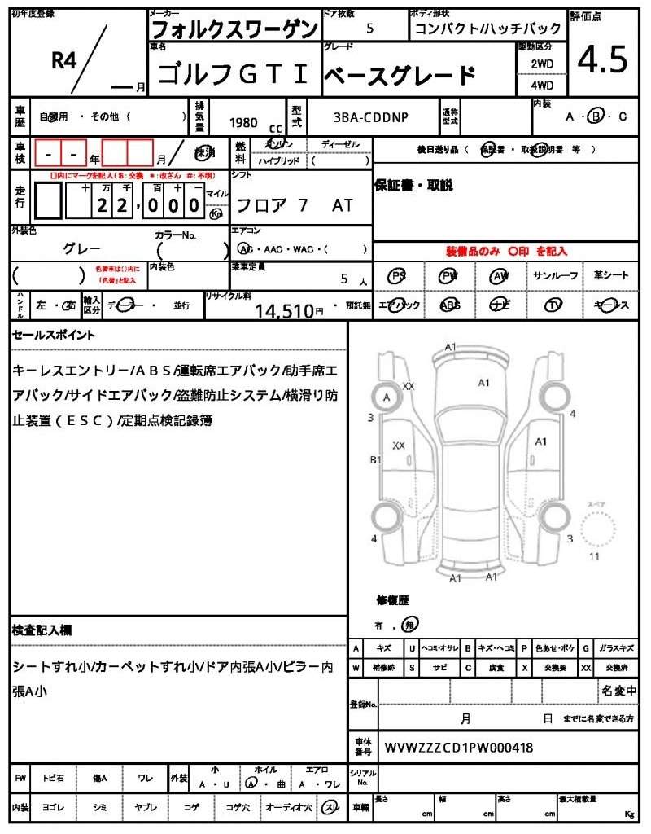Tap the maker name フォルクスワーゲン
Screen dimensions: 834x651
pyautogui.click(x=234, y=29)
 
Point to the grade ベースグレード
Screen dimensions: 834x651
pyautogui.click(x=399, y=76)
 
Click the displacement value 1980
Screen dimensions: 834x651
pyautogui.click(x=243, y=122)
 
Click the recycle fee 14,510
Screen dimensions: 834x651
pyautogui.click(x=284, y=310)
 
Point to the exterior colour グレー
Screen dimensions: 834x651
pyautogui.click(x=82, y=248)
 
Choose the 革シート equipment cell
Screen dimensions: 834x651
pyautogui.click(x=611, y=275)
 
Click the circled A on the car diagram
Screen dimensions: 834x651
pyautogui.click(x=387, y=397)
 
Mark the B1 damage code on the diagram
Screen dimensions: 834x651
pyautogui.click(x=376, y=459)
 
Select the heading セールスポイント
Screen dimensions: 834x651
pyautogui.click(x=53, y=335)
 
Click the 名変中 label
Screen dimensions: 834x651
pyautogui.click(x=619, y=691)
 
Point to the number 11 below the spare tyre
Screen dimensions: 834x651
pyautogui.click(x=595, y=556)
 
